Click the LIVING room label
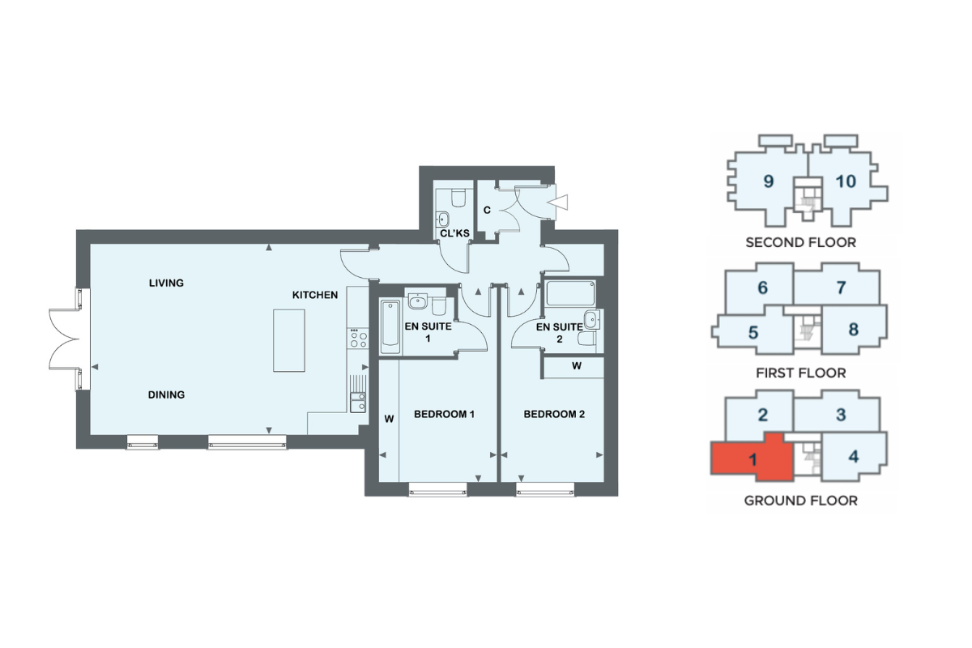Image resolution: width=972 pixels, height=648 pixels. click(x=166, y=283)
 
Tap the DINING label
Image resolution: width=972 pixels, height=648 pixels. click(x=166, y=394)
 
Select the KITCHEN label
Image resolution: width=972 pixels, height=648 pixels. click(x=315, y=295)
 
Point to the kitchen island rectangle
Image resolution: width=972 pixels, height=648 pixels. click(x=289, y=340)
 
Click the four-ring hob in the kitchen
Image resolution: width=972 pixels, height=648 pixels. click(x=358, y=339)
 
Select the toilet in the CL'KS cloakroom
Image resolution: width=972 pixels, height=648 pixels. click(x=458, y=198)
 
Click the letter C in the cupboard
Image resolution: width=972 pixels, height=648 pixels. click(x=487, y=210)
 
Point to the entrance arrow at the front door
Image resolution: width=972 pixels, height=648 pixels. click(x=557, y=202)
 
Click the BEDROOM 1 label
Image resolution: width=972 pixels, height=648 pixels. click(x=444, y=414)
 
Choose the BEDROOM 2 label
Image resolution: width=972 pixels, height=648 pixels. click(x=554, y=414)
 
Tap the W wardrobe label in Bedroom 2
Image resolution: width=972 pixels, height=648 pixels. click(x=576, y=366)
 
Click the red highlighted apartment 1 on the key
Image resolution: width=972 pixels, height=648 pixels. click(x=752, y=458)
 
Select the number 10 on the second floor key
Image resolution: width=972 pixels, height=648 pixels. click(x=846, y=181)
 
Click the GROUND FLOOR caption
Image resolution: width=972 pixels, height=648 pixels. click(x=800, y=501)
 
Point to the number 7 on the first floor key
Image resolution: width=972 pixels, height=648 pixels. click(x=841, y=288)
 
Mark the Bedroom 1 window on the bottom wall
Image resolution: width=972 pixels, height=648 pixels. click(x=438, y=492)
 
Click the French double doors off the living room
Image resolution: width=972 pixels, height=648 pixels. click(x=65, y=339)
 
